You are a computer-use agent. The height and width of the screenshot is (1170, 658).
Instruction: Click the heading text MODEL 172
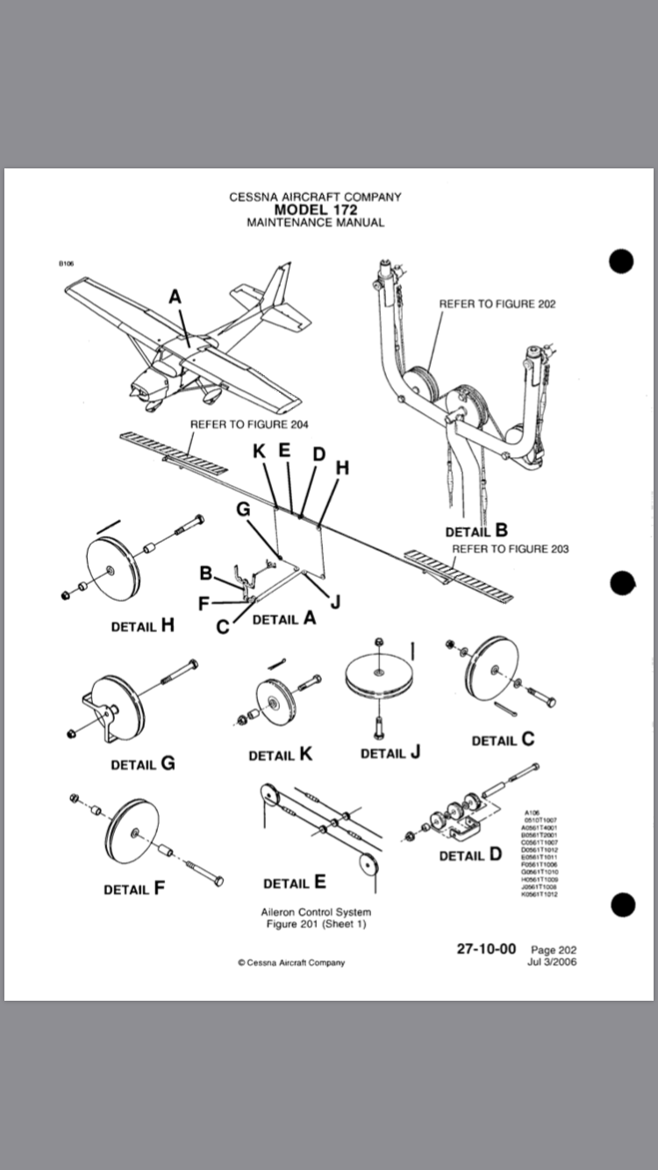(x=315, y=210)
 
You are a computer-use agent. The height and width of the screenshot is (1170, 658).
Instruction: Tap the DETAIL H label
(x=142, y=626)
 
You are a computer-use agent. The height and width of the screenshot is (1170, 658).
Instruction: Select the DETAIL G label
(x=142, y=764)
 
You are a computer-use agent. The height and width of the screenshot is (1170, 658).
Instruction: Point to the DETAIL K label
(x=280, y=754)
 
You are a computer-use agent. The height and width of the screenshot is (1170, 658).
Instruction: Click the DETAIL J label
(x=390, y=753)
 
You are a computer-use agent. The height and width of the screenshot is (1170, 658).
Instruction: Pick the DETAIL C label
(x=503, y=739)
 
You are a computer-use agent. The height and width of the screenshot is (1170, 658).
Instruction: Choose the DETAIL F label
(x=133, y=888)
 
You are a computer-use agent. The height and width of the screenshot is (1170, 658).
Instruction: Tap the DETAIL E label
(x=294, y=882)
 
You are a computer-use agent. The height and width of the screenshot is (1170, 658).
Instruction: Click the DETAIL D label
(x=470, y=854)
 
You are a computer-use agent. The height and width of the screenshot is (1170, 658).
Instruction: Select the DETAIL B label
(x=476, y=531)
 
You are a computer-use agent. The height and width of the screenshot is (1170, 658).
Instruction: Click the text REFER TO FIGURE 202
(x=497, y=304)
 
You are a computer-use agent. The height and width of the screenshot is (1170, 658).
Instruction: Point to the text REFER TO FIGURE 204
(x=249, y=424)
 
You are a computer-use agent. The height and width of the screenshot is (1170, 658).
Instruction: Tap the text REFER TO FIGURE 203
(x=510, y=549)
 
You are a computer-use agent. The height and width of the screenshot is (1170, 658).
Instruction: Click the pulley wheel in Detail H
(x=112, y=568)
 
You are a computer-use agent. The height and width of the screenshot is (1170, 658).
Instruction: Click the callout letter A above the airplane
(x=175, y=297)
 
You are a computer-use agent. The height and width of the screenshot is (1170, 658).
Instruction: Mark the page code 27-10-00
(x=486, y=949)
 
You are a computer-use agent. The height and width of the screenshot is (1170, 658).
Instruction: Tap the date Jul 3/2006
(x=552, y=961)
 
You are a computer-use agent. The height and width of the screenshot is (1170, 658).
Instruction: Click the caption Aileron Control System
(x=316, y=912)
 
